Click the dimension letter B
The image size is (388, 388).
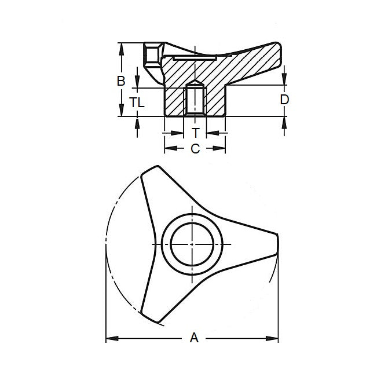coord(121,81)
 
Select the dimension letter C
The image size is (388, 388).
coord(195,149)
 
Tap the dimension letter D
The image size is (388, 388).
coord(284,100)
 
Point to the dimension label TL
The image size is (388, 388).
coord(137,103)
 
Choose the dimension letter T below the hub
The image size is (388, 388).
coord(195,133)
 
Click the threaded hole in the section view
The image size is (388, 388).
coord(195,98)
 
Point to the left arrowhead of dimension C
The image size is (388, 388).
coord(169,149)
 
